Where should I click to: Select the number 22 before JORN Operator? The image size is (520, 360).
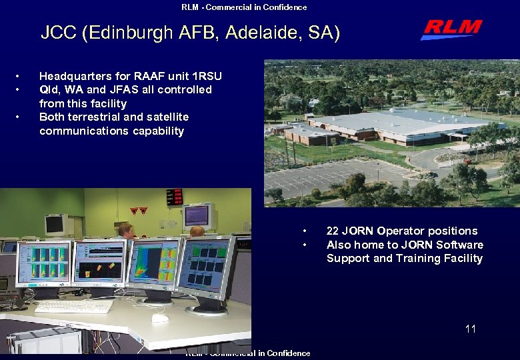333,231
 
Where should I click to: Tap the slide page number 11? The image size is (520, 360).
470,329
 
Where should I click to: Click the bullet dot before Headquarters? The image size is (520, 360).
25,76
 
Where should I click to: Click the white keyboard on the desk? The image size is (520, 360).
74,306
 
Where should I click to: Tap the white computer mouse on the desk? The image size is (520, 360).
160,318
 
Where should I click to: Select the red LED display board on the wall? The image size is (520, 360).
174,197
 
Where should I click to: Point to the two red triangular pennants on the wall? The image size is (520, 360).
138,211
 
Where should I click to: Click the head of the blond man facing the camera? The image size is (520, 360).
126,231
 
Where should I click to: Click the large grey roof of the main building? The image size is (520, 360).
400,124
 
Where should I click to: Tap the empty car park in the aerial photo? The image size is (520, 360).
333,177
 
